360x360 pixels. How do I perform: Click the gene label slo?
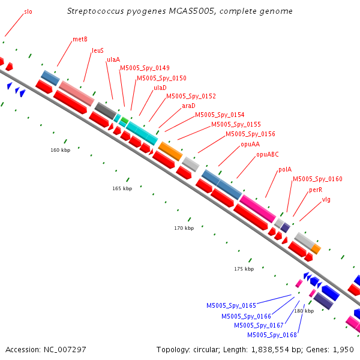(28, 12)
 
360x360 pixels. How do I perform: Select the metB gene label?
(80, 39)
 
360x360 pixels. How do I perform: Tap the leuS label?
(98, 50)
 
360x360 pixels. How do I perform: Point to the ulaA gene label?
(113, 59)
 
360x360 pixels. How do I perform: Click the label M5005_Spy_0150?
(161, 78)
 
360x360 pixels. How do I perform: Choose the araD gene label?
(188, 106)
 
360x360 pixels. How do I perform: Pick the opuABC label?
(268, 154)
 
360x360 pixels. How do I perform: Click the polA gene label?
(285, 169)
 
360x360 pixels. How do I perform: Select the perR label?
(316, 190)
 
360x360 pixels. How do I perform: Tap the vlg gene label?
(326, 200)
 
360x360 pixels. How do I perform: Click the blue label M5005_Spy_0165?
(231, 305)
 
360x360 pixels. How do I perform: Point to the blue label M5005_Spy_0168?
(272, 335)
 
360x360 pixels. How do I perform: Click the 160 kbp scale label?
(61, 150)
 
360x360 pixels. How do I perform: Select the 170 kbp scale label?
(184, 228)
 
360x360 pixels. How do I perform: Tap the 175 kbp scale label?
(244, 269)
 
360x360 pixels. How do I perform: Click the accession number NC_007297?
(65, 350)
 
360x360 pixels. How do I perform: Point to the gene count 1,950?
(343, 350)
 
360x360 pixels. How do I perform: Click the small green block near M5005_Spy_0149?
(125, 120)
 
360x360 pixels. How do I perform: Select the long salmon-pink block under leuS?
(77, 93)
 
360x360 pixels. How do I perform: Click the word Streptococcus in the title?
(96, 11)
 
